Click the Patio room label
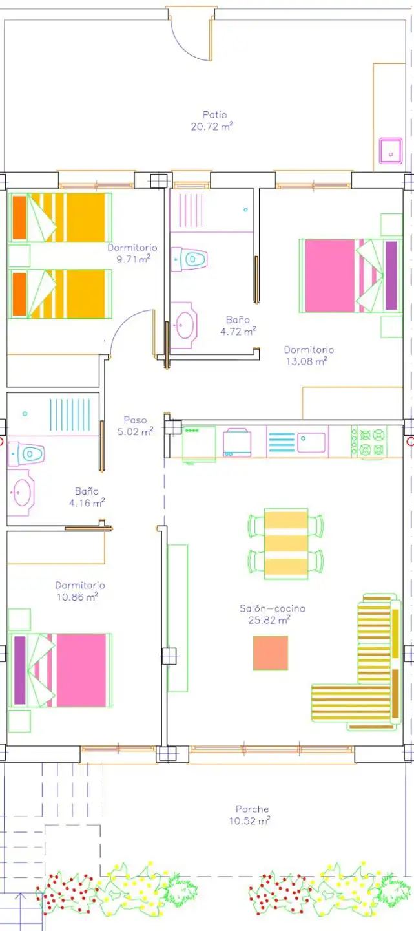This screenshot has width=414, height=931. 214,114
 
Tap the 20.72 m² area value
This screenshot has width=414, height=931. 212,126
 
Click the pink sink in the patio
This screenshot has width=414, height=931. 391,151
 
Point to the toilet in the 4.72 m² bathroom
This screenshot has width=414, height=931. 189,259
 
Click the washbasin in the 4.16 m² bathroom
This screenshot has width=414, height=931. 21,493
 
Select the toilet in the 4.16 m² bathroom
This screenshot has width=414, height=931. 26,453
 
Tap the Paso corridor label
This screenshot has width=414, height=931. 135,420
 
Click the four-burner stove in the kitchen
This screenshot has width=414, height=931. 369,442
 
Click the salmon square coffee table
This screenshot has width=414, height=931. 271,652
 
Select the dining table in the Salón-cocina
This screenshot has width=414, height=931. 286,544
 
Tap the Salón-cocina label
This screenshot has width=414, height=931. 273,608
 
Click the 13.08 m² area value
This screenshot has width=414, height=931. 306,361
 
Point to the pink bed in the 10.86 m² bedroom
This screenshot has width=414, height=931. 60,670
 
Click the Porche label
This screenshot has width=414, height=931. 252,809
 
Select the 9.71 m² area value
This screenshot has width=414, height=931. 133,259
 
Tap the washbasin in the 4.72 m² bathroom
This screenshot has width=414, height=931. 183,325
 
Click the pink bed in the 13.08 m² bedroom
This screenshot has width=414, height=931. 351,275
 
